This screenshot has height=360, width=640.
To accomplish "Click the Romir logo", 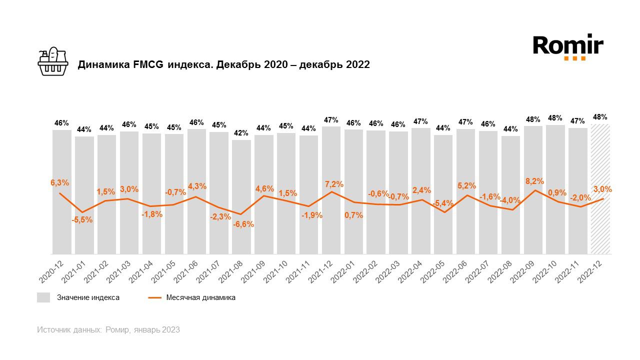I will point(568,46).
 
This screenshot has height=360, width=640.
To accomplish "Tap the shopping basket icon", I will point(52,61).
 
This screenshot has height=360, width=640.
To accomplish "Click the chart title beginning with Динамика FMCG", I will point(223,64).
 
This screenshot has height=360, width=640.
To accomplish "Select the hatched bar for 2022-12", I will point(600,190).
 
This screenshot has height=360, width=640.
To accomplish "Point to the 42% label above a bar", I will point(241,133).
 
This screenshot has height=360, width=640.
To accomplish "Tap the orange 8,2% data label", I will point(534,181).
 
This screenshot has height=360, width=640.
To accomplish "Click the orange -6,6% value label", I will point(243,224).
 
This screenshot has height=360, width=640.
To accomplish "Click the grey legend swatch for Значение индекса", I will point(43,297).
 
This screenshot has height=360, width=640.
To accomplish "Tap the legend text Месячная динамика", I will point(200,297).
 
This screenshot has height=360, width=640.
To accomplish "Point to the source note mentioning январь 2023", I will point(108,330).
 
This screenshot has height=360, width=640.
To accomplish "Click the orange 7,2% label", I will point(333,184).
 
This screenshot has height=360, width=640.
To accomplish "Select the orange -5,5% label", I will point(82,219).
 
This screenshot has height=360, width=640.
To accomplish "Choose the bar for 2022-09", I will point(533,190).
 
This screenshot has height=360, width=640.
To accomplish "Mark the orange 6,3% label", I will point(60,183).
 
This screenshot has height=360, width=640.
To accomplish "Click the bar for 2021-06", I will point(196,192).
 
